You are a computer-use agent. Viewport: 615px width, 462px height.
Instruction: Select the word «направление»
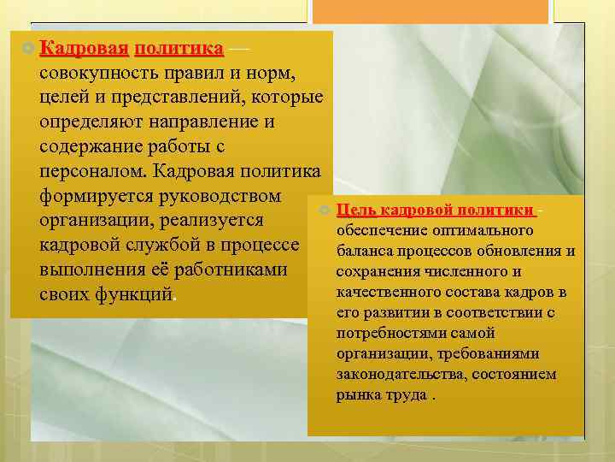click(x=204, y=121)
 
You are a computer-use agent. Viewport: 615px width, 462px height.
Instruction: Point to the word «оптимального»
click(x=489, y=231)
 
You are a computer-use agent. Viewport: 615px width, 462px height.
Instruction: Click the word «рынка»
click(x=357, y=394)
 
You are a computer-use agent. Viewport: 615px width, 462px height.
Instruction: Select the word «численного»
click(x=451, y=272)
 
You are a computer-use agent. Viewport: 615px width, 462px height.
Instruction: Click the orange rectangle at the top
click(x=430, y=11)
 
